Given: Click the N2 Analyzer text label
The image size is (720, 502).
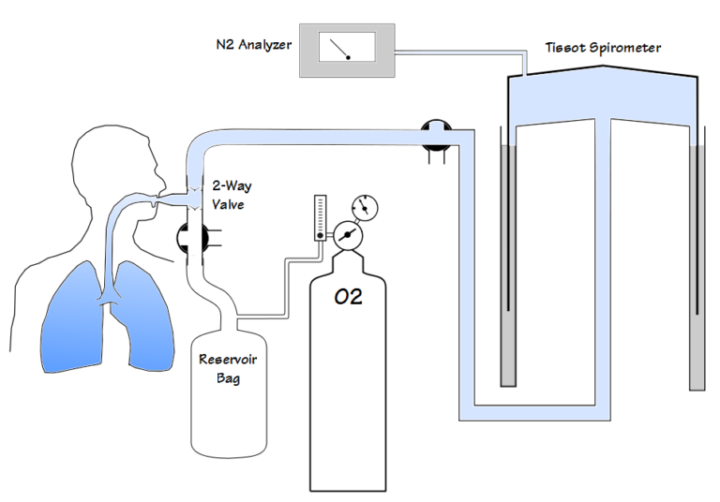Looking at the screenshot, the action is [253, 45].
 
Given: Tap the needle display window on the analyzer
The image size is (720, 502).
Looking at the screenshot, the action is [347, 47].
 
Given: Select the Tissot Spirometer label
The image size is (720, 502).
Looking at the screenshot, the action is [603, 47].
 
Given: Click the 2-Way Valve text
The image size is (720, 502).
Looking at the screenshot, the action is [232, 195].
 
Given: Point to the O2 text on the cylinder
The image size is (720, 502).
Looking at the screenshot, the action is [348, 297].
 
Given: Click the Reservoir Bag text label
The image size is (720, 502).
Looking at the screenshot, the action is [228, 368].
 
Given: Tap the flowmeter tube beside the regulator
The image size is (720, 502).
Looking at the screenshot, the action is [320, 217].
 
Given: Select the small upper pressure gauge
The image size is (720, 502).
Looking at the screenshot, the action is [365, 208].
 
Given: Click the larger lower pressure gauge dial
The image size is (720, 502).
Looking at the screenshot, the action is [348, 235].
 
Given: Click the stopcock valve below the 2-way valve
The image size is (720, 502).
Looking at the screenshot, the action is [193, 238].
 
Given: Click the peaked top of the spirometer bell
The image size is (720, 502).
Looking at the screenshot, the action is [603, 67].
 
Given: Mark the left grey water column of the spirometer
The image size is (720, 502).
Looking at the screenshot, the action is [508, 265].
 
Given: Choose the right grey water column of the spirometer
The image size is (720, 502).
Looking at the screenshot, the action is [697, 268].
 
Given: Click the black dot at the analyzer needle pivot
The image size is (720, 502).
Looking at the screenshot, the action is [348, 57].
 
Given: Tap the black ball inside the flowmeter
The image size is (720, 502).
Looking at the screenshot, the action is [320, 235].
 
